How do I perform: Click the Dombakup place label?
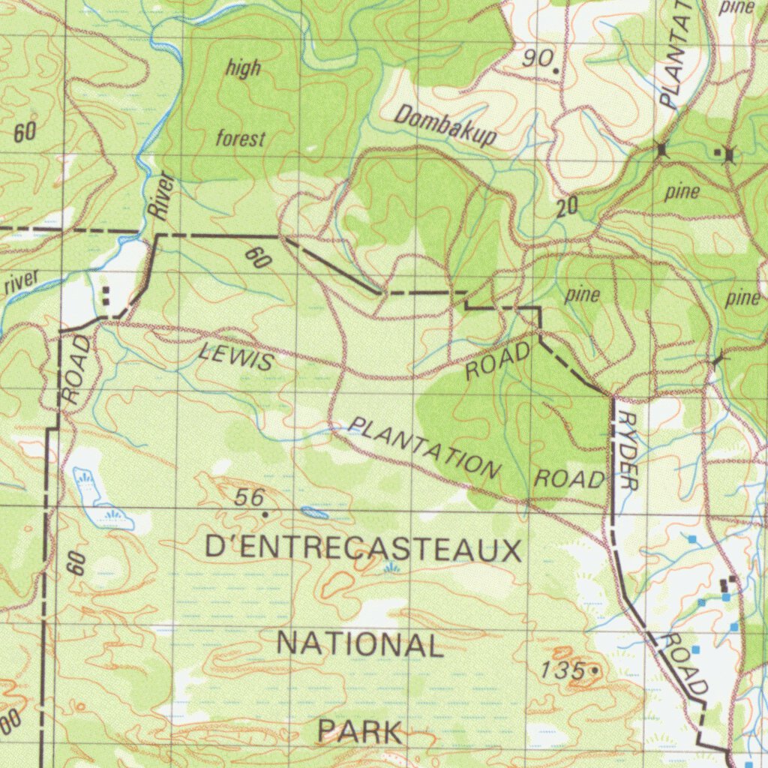445,125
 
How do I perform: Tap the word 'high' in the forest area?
244,68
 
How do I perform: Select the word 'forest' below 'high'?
241,139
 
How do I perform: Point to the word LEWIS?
236,355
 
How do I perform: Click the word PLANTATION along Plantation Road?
424,448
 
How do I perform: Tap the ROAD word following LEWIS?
499,360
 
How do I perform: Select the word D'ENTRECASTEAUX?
363,550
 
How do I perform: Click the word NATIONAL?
360,644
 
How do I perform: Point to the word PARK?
359,731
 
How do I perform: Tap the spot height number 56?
250,497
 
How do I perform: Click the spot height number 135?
562,670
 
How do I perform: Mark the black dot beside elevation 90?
556,70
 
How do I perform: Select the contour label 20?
568,207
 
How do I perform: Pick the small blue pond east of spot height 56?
315,513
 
